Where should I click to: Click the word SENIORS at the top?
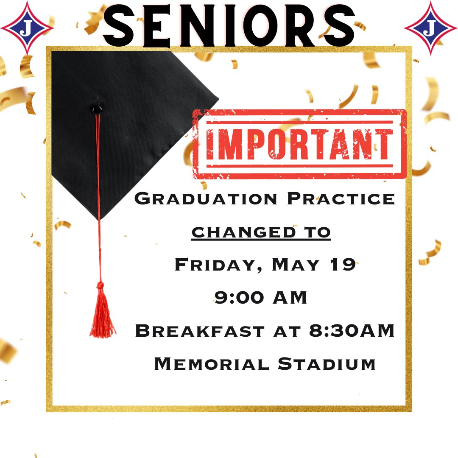coord(229,26)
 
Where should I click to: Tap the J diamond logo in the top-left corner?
coord(27,28)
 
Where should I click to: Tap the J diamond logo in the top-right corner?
coord(431,28)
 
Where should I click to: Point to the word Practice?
coord(341,198)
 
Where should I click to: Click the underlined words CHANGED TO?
coord(261,232)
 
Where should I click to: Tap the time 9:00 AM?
coord(261,298)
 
